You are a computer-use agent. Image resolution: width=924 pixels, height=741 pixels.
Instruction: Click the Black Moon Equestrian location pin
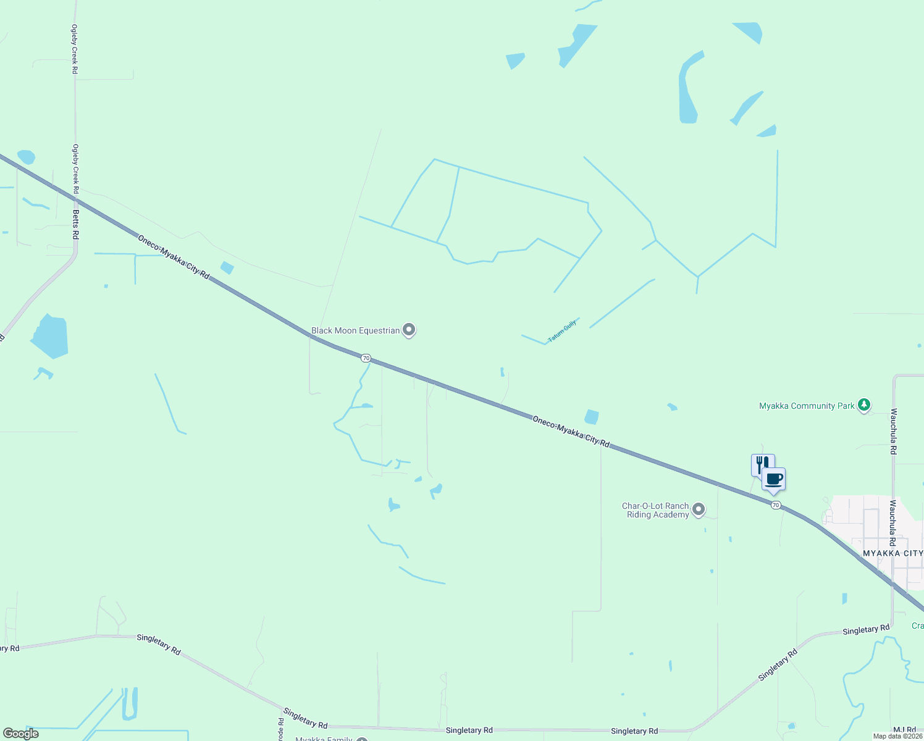click(408, 330)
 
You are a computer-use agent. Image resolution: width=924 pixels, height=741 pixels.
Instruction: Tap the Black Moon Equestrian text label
click(355, 331)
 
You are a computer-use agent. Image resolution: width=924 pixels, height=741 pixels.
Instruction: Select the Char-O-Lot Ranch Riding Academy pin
click(699, 509)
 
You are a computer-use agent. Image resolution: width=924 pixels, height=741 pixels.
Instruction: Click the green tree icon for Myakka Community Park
click(865, 405)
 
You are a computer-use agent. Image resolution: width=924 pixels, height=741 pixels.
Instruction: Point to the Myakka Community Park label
click(807, 406)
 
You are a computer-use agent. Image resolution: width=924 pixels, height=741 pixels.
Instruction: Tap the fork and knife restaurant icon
click(762, 464)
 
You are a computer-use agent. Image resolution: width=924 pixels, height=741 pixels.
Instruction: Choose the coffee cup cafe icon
click(773, 479)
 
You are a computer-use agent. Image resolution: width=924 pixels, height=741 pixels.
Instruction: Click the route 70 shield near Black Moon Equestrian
click(366, 358)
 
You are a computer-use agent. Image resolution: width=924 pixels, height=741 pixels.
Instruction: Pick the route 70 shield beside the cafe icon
click(776, 505)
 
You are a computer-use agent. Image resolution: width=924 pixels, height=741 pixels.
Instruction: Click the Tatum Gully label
click(562, 331)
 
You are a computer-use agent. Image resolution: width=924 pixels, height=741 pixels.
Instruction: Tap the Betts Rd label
click(76, 224)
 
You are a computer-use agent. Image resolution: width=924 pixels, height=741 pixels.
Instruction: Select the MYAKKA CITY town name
click(892, 553)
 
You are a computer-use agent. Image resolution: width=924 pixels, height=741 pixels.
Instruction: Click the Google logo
click(20, 734)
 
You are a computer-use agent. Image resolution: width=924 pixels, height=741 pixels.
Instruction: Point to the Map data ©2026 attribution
click(897, 736)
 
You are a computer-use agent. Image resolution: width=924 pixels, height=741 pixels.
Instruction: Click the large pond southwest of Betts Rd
click(50, 337)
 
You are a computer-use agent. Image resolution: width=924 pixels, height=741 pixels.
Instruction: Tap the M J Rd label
click(905, 730)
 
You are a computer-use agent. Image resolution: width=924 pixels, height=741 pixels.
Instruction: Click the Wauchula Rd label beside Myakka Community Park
click(893, 431)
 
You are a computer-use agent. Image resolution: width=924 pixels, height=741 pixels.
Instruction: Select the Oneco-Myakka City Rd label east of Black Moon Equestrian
click(571, 431)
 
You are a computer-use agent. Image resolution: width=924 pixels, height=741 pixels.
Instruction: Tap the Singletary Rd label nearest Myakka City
click(866, 630)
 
